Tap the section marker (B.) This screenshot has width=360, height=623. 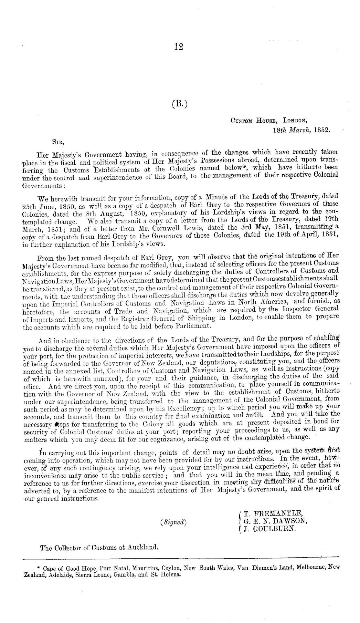(x=179, y=104)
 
